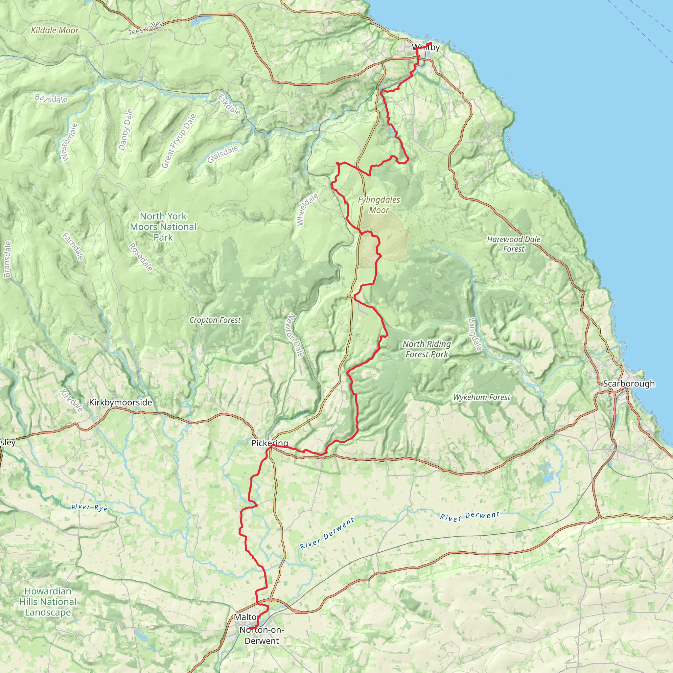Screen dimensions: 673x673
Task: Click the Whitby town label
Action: coord(425,47)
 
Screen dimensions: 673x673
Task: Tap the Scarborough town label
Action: coord(629,383)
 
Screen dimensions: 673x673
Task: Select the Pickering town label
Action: coord(269,443)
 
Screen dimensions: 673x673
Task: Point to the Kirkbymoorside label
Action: coord(121,402)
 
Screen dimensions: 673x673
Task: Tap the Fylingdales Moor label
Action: coord(379,205)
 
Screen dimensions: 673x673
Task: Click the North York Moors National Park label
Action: coord(163,227)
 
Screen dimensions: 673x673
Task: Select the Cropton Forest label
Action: coord(215,320)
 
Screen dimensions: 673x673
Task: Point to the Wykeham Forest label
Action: coord(481,397)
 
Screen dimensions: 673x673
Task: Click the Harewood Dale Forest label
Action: coord(514,244)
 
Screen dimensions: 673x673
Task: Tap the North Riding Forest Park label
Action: coord(427,349)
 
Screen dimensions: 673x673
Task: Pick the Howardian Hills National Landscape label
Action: coord(48,602)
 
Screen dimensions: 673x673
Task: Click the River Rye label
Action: coord(89,507)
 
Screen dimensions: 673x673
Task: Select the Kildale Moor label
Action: coord(55,31)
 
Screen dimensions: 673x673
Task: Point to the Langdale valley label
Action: coord(475,335)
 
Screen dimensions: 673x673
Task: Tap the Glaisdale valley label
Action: coord(223,154)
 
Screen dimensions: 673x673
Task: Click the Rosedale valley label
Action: coord(141,257)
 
